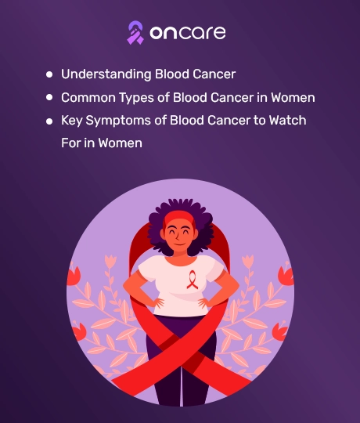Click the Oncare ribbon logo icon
135,33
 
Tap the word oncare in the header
188,33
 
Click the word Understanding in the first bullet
106,74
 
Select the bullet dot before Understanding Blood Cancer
49,74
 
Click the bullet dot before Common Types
49,97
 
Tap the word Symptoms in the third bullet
118,121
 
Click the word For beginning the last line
70,143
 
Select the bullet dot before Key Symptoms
49,121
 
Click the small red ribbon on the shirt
192,280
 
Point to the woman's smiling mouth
179,244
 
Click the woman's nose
178,237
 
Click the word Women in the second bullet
293,97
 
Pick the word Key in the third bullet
72,121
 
